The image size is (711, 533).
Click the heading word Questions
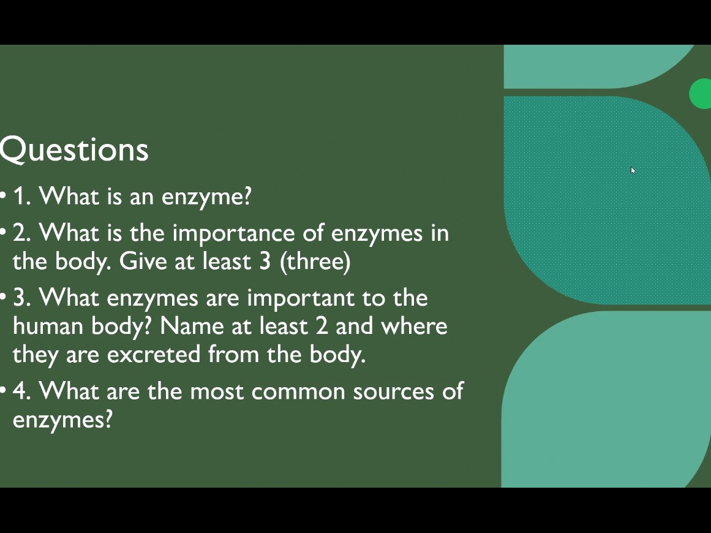click(74, 150)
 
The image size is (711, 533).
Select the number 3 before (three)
click(265, 262)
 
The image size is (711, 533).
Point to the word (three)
click(315, 262)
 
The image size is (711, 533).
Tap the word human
click(48, 326)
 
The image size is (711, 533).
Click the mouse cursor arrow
click(633, 170)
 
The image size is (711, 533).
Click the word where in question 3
click(414, 326)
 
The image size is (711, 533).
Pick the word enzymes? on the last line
click(62, 421)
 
